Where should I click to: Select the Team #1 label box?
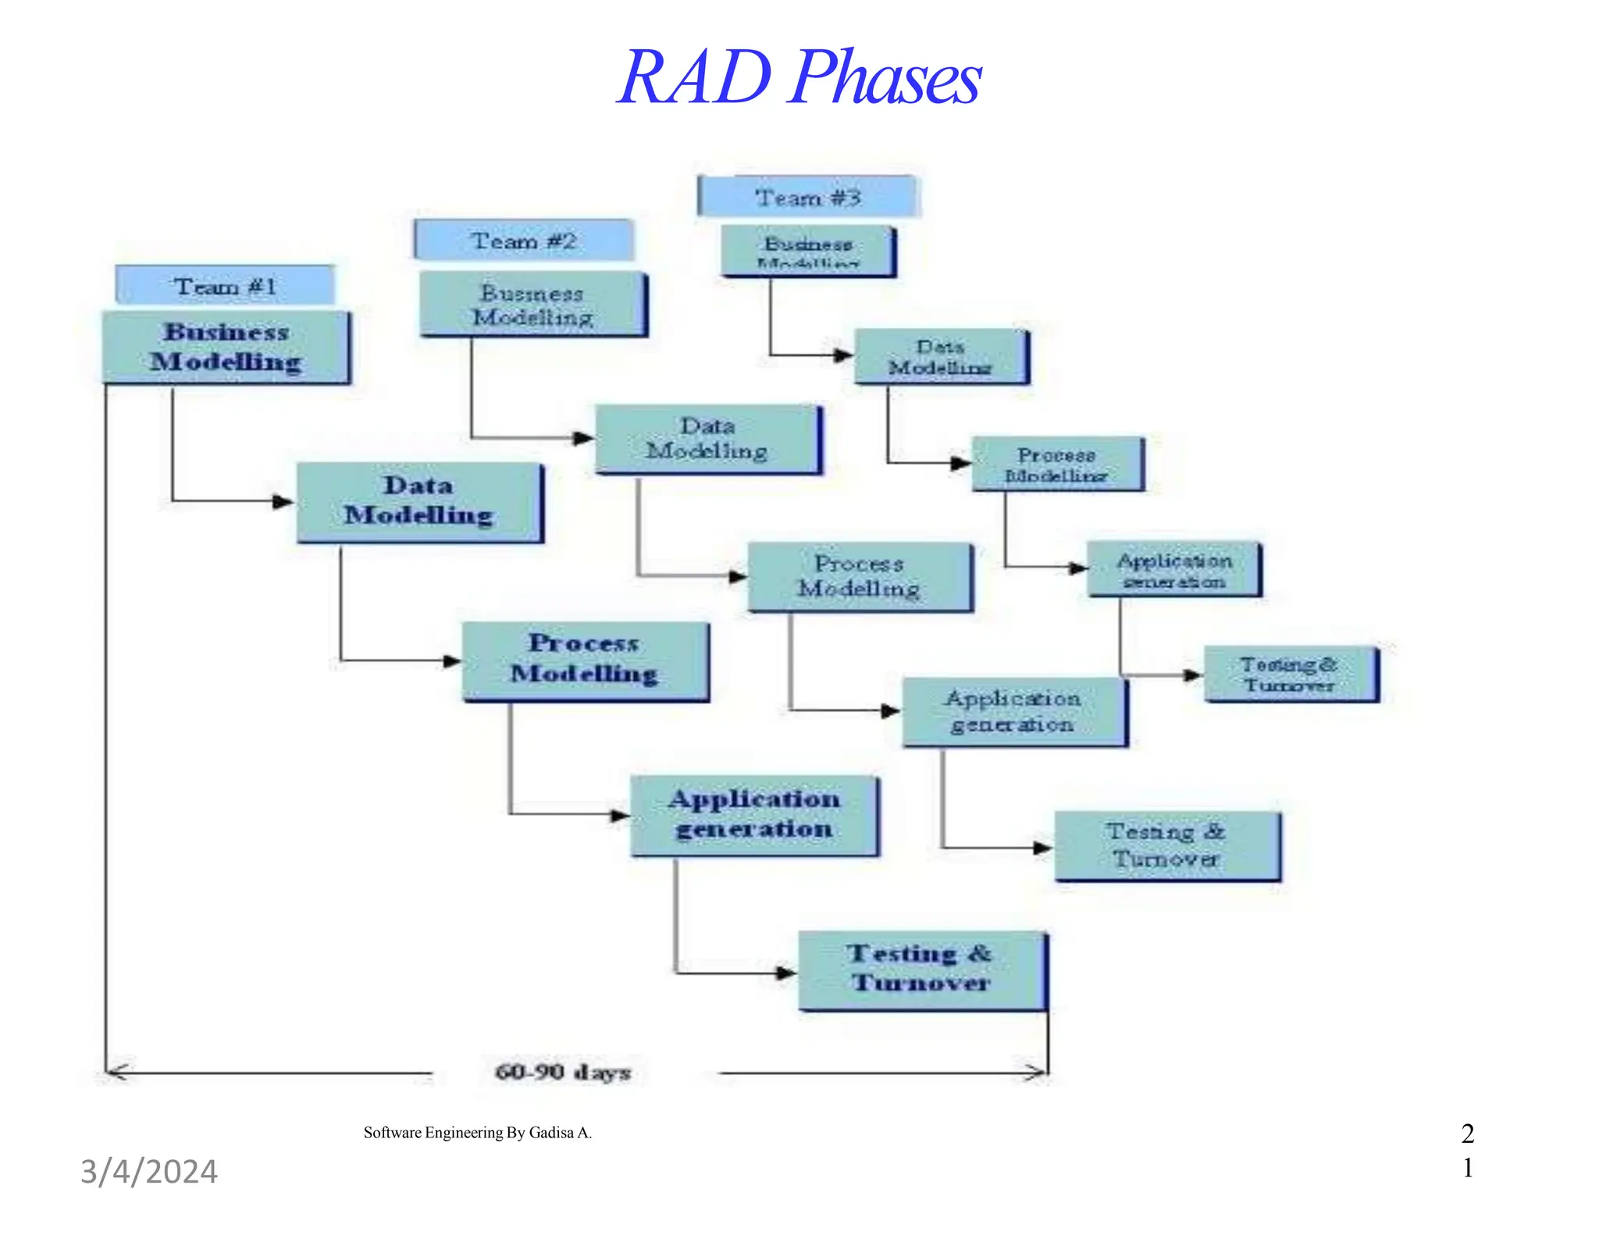tap(225, 286)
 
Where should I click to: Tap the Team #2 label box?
tap(523, 240)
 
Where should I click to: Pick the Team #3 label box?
tap(808, 197)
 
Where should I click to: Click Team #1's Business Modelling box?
tap(226, 347)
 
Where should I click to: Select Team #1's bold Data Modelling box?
tap(418, 501)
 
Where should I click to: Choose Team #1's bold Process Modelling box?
tap(585, 660)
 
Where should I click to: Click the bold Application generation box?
tap(753, 814)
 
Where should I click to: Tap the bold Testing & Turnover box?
tap(921, 969)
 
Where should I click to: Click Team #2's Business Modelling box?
tap(532, 304)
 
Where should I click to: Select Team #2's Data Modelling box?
tap(707, 439)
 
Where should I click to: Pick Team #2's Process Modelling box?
tap(860, 576)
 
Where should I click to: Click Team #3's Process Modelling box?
tap(1057, 464)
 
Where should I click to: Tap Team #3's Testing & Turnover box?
tap(1291, 674)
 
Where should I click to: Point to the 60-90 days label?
tap(563, 1072)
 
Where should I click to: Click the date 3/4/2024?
tap(149, 1172)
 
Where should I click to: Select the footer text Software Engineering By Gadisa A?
tap(477, 1133)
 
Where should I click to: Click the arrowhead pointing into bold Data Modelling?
tap(283, 502)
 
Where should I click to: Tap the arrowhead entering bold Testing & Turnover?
tap(786, 973)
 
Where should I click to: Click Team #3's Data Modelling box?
tap(941, 356)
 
